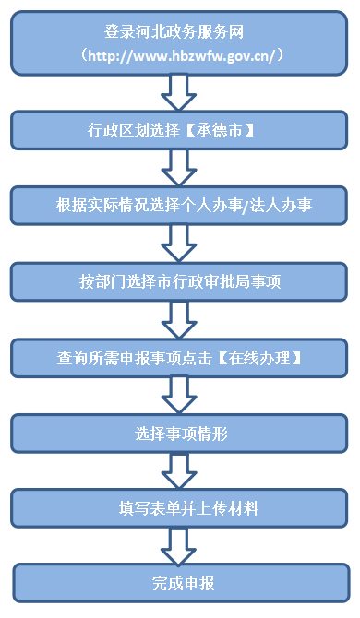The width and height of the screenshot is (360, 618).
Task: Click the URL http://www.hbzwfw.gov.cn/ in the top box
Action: click(181, 55)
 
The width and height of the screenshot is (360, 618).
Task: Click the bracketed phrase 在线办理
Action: click(257, 356)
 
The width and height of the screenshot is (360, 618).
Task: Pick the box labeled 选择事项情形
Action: click(181, 432)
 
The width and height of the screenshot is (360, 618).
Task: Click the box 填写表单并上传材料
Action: click(181, 507)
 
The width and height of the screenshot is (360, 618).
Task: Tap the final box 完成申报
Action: click(181, 583)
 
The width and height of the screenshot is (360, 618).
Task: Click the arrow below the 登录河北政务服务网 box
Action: click(179, 92)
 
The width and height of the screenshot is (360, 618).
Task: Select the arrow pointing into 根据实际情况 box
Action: click(179, 167)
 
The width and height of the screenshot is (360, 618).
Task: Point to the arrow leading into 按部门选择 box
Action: click(179, 243)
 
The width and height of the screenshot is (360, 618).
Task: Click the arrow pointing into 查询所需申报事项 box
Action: click(179, 318)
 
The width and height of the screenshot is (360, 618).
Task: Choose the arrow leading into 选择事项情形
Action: click(179, 394)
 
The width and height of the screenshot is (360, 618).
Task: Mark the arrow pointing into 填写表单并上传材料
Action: click(179, 469)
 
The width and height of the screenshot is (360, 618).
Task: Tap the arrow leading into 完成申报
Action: click(179, 545)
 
